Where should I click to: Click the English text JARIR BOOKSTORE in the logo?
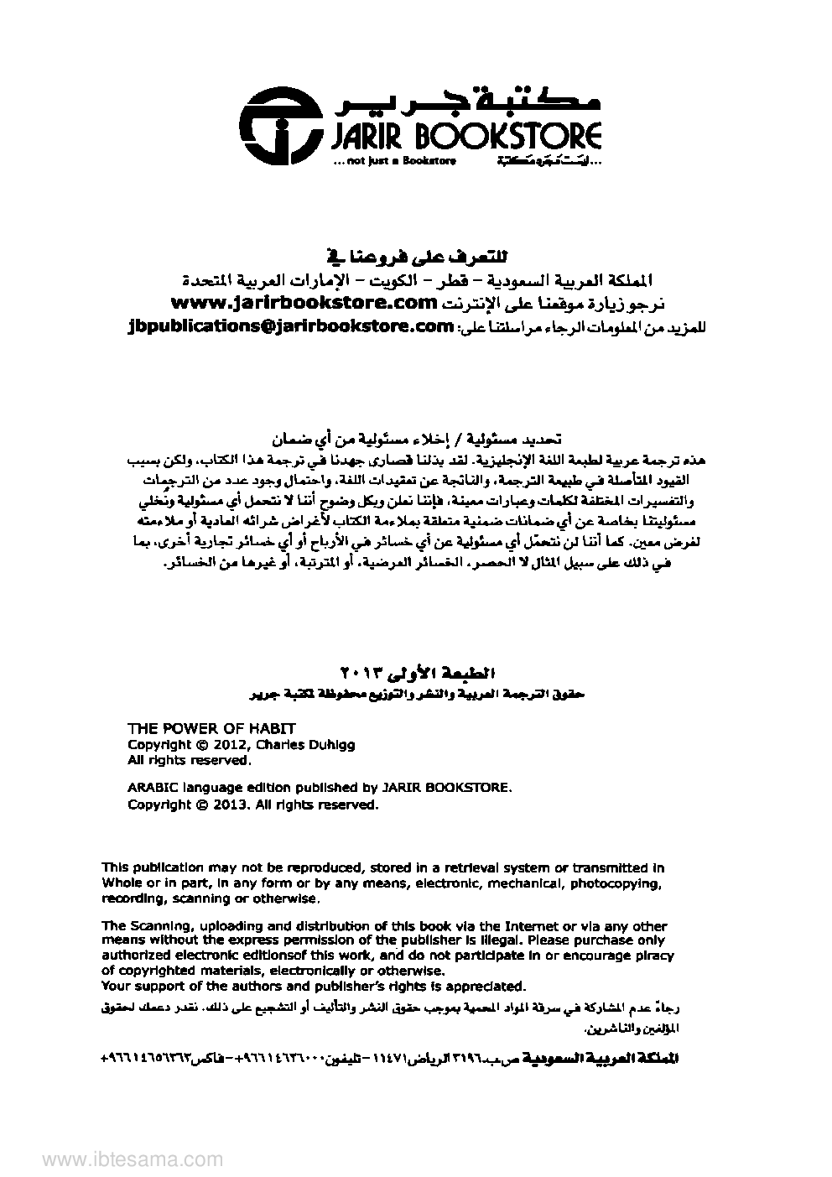[x=460, y=137]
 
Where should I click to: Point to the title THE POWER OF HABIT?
[x=211, y=728]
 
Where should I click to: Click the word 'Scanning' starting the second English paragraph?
[x=158, y=926]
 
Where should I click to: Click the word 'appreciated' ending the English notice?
[x=487, y=987]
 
